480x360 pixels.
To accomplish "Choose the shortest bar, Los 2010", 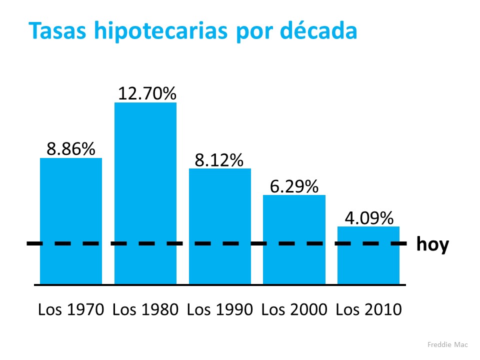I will pyautogui.click(x=368, y=255).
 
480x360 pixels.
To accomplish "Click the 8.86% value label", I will pyautogui.click(x=71, y=148).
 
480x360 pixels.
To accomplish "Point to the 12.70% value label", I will pyautogui.click(x=146, y=93).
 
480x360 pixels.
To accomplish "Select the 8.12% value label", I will pyautogui.click(x=219, y=159).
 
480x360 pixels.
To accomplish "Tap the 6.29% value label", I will pyautogui.click(x=294, y=186).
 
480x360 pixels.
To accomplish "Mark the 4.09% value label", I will pyautogui.click(x=368, y=218).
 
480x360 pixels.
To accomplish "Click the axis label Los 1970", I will pyautogui.click(x=71, y=309).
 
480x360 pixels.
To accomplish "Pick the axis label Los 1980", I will pyautogui.click(x=145, y=309).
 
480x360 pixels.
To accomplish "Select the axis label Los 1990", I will pyautogui.click(x=219, y=309).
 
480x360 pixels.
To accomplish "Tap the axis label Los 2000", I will pyautogui.click(x=294, y=309).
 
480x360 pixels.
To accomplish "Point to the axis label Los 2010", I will pyautogui.click(x=368, y=309).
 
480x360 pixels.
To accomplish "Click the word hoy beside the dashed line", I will pyautogui.click(x=432, y=245).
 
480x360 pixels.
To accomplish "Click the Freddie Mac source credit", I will pyautogui.click(x=447, y=344).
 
